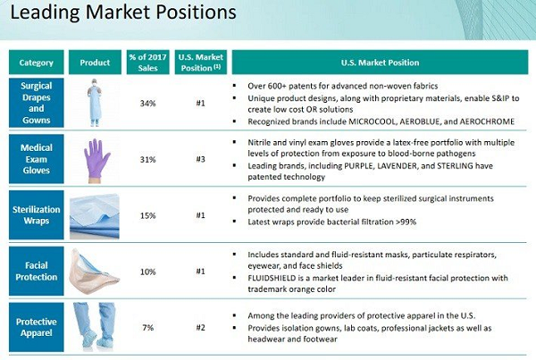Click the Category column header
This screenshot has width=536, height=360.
[37, 63]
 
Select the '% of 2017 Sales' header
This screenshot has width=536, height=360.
[147, 63]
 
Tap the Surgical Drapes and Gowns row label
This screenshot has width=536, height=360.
[37, 103]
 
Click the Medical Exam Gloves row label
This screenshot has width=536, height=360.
[37, 159]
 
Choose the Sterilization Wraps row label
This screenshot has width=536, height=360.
[37, 214]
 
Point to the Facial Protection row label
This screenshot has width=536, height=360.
[37, 271]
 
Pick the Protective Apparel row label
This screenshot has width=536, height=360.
[37, 327]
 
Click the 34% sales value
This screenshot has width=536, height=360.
[147, 104]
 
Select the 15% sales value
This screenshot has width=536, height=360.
[147, 215]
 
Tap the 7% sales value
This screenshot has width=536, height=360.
[147, 328]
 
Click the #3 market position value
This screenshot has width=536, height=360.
[201, 159]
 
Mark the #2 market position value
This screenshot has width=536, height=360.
[201, 328]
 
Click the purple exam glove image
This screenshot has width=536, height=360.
[96, 161]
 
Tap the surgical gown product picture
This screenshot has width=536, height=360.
[95, 103]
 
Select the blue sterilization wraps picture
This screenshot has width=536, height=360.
[95, 216]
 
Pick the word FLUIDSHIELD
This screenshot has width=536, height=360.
[272, 278]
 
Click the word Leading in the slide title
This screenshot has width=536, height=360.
[46, 13]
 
